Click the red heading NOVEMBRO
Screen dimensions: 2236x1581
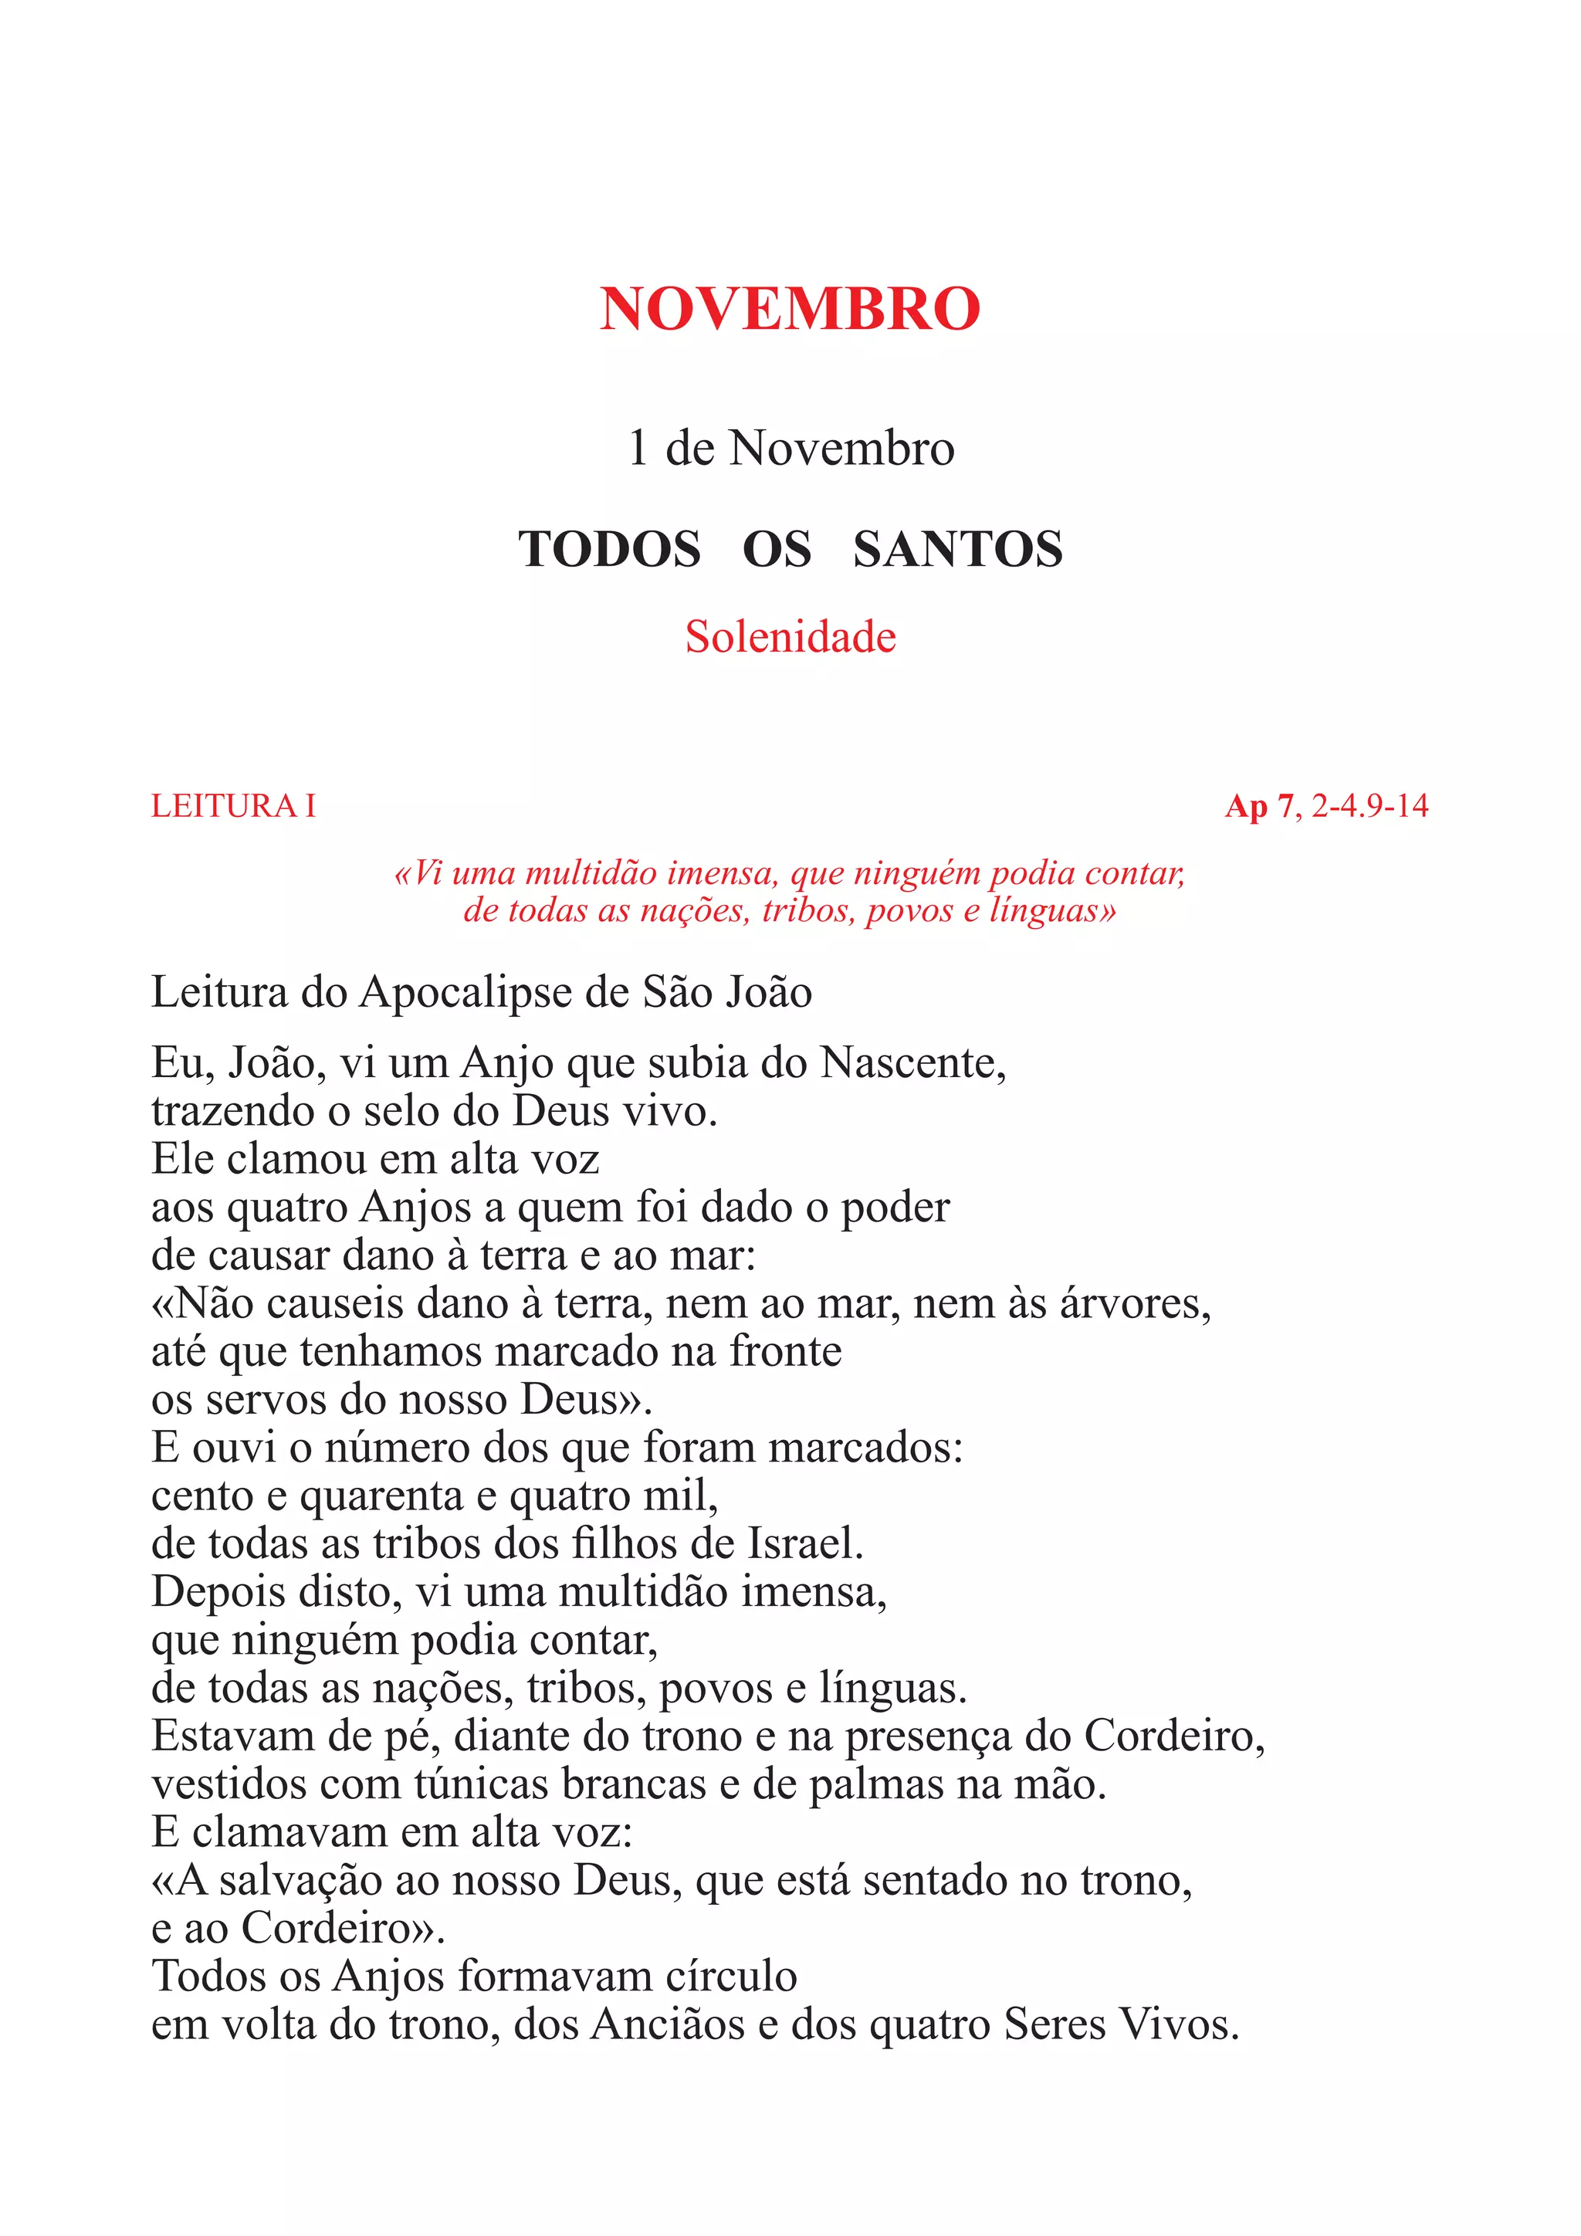(790, 310)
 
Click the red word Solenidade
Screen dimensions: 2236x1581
(790, 638)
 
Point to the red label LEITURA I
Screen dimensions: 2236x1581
(234, 806)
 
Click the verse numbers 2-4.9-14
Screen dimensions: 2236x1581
(1369, 806)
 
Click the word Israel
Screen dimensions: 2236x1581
(804, 1544)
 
